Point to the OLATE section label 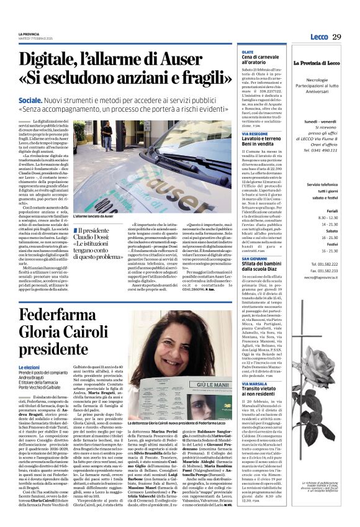coord(247,53)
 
